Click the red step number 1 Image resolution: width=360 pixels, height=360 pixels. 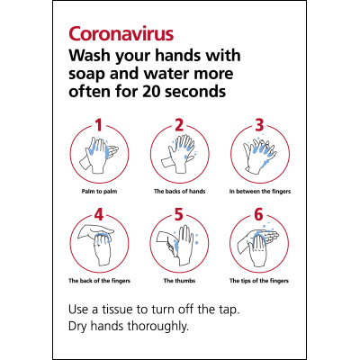(100, 125)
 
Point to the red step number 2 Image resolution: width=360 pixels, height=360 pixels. (179, 125)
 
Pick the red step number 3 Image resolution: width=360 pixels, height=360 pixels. (259, 125)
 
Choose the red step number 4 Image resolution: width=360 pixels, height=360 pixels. (100, 214)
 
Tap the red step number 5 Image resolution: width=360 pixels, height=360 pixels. (179, 214)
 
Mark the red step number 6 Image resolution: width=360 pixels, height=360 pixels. (259, 214)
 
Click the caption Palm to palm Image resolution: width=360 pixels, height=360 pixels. (99, 192)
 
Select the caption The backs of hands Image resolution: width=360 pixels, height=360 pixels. (179, 192)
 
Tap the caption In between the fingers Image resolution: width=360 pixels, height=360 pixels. (259, 192)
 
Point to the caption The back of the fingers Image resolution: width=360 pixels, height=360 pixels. (99, 281)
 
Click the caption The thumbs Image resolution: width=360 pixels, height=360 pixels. (179, 281)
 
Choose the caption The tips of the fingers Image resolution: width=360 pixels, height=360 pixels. (259, 281)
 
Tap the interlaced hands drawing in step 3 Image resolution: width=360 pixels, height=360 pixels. (259, 155)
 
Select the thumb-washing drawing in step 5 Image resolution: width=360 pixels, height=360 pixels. (179, 245)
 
